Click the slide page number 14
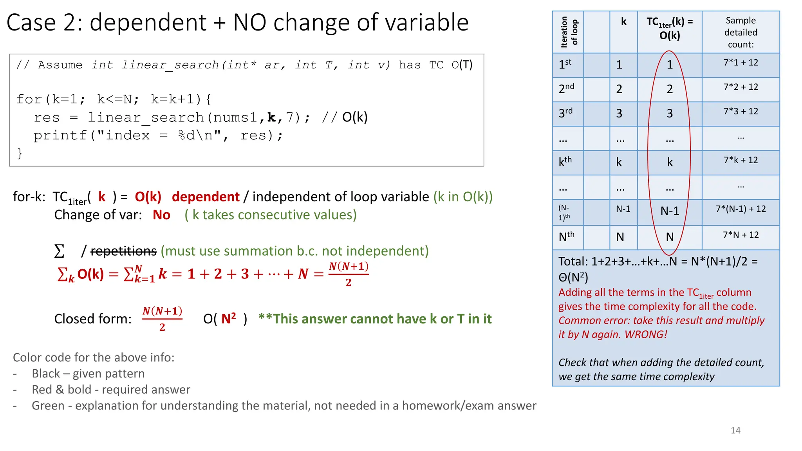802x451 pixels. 735,430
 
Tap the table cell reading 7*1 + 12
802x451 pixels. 741,63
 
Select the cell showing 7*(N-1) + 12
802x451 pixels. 741,209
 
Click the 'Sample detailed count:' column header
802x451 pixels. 741,32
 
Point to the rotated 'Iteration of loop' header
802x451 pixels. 569,32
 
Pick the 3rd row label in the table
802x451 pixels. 565,113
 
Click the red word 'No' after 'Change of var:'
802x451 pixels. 161,215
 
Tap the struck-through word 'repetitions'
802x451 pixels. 123,251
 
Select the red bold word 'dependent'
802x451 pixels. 206,197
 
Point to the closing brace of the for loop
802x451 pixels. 20,153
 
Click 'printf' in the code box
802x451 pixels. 60,135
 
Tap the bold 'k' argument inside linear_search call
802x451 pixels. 271,117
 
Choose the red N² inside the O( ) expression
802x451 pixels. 229,319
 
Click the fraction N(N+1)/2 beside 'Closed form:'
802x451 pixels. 162,319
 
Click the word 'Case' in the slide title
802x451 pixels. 31,22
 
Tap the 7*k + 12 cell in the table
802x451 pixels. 741,160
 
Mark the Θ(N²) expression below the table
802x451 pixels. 573,278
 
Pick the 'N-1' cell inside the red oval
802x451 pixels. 670,211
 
